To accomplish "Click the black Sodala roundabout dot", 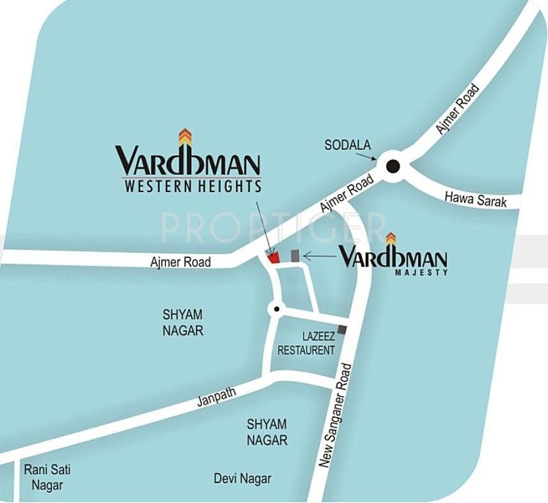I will pyautogui.click(x=392, y=166).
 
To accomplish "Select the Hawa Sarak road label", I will pyautogui.click(x=476, y=198).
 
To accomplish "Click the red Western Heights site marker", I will pyautogui.click(x=273, y=257).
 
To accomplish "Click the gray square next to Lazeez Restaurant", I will pyautogui.click(x=342, y=330).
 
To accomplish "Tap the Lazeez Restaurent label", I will pyautogui.click(x=306, y=343).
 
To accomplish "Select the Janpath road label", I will pyautogui.click(x=216, y=396).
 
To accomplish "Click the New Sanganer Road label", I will pyautogui.click(x=335, y=416).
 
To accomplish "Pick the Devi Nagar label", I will pyautogui.click(x=242, y=479).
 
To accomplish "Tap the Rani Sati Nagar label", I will pyautogui.click(x=47, y=477).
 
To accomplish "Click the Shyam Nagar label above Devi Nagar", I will pyautogui.click(x=267, y=432).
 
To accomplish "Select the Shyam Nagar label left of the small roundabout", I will pyautogui.click(x=183, y=322).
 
